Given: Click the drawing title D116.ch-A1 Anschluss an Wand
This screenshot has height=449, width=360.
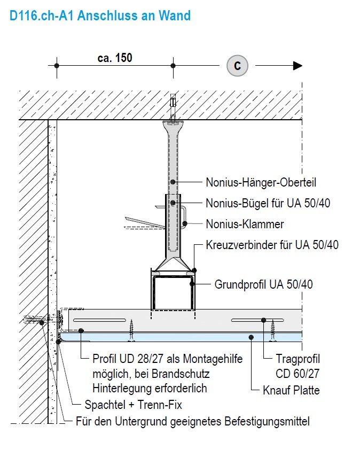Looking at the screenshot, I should pyautogui.click(x=100, y=16).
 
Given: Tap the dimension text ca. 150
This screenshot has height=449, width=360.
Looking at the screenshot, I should pyautogui.click(x=115, y=58).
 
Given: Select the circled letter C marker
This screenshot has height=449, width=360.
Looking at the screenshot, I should pyautogui.click(x=238, y=66).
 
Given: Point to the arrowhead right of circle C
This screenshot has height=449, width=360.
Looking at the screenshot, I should pyautogui.click(x=298, y=66).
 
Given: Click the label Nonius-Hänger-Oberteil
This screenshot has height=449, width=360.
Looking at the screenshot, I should pyautogui.click(x=261, y=183).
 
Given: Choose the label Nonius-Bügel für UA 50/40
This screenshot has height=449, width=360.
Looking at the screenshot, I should pyautogui.click(x=272, y=204).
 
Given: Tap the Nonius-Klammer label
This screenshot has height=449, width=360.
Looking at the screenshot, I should pyautogui.click(x=245, y=224).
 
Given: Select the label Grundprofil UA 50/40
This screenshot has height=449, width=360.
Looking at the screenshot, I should pyautogui.click(x=263, y=284).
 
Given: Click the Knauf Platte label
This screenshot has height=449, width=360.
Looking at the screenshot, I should pyautogui.click(x=291, y=390).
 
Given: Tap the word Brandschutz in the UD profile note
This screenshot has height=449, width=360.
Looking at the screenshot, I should pyautogui.click(x=181, y=373).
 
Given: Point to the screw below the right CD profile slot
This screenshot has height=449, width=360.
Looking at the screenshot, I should pyautogui.click(x=273, y=329).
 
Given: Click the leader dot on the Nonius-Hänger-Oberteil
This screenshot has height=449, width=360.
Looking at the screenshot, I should pyautogui.click(x=173, y=182).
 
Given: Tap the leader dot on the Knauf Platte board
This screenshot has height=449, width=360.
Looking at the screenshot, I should pyautogui.click(x=252, y=337).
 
